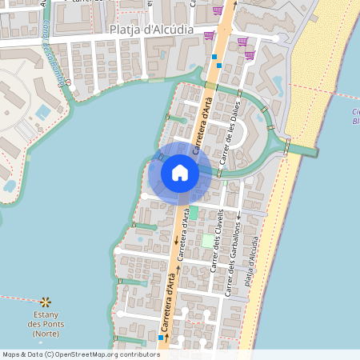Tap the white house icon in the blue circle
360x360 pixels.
tap(180, 173)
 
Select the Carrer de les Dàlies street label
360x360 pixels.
tap(230, 136)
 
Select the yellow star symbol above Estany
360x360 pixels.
tap(46, 302)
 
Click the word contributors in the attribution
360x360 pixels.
tap(137, 354)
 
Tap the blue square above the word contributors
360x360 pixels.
tap(161, 338)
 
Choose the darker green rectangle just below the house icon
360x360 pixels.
tap(193, 213)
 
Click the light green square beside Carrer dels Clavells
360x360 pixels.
tap(208, 241)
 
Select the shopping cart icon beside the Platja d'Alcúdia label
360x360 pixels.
tap(209, 35)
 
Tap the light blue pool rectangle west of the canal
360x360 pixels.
tap(42, 112)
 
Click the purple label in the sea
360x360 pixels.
tap(355, 117)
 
